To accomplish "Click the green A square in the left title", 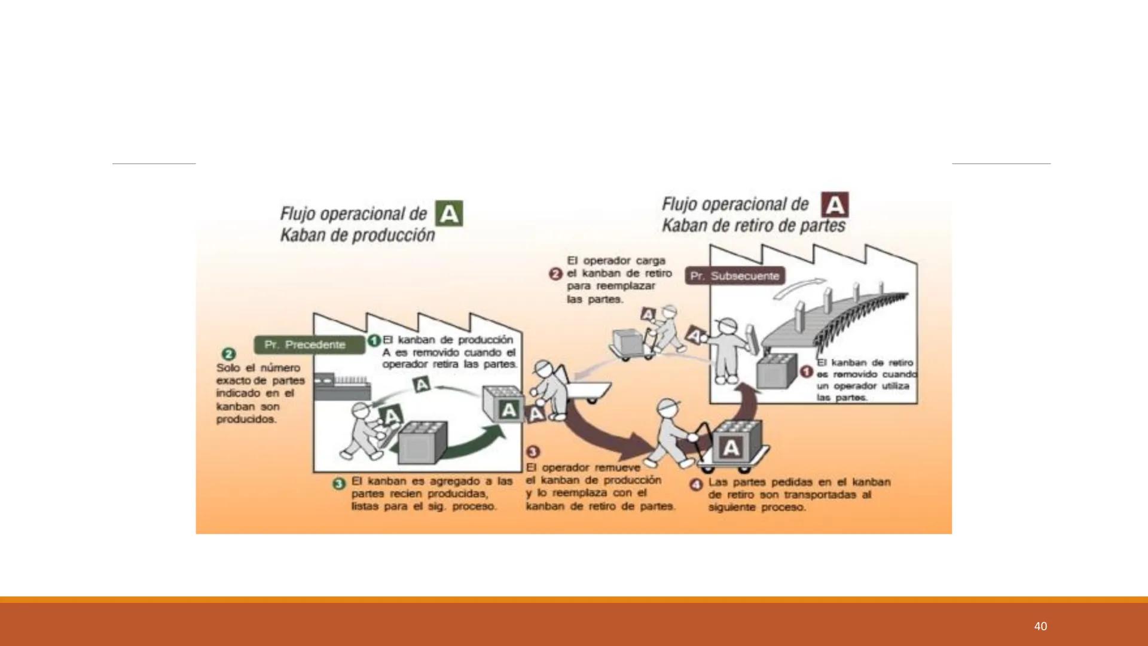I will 449,214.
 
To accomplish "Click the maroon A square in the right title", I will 835,205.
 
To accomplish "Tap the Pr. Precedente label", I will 309,345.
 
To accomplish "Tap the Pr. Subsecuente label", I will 735,276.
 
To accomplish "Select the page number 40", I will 1040,626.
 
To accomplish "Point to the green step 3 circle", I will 339,483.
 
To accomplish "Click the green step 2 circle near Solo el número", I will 228,354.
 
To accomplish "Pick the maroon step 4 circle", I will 696,484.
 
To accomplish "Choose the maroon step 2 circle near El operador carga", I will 555,274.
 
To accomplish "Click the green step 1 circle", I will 374,340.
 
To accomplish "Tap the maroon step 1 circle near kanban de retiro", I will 806,372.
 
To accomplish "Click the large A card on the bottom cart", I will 731,448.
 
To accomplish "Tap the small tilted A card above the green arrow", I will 422,384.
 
